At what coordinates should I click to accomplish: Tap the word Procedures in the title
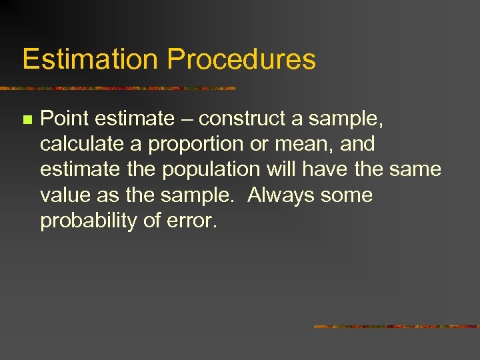(x=241, y=59)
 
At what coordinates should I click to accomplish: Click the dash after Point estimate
(x=186, y=119)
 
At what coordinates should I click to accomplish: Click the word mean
(x=313, y=144)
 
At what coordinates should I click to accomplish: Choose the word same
(x=417, y=169)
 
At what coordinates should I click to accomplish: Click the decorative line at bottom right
(x=396, y=327)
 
